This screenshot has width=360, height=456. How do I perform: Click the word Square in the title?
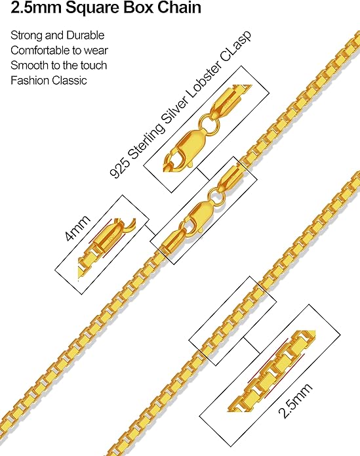[92, 8]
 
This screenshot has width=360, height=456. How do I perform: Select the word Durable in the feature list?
[85, 35]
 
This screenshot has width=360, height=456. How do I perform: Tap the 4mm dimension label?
[77, 228]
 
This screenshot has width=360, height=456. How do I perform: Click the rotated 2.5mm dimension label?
[295, 400]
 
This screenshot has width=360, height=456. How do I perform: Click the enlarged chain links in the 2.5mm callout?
[271, 371]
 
